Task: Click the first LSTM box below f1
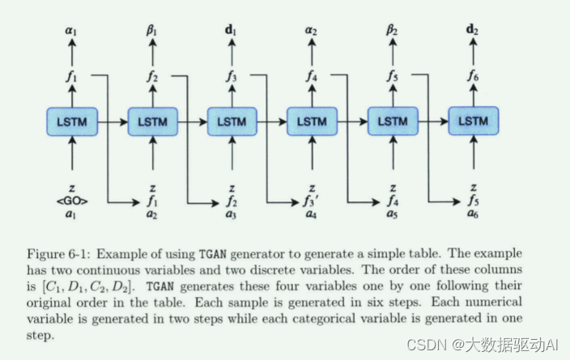pyautogui.click(x=72, y=122)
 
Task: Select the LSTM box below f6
pyautogui.click(x=474, y=122)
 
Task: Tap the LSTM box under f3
pyautogui.click(x=232, y=122)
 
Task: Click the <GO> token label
pyautogui.click(x=72, y=201)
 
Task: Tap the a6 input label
pyautogui.click(x=474, y=214)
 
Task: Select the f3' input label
pyautogui.click(x=313, y=201)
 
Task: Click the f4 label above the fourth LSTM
pyautogui.click(x=313, y=78)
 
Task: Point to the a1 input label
pyautogui.click(x=72, y=214)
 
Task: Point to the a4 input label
pyautogui.click(x=313, y=214)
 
